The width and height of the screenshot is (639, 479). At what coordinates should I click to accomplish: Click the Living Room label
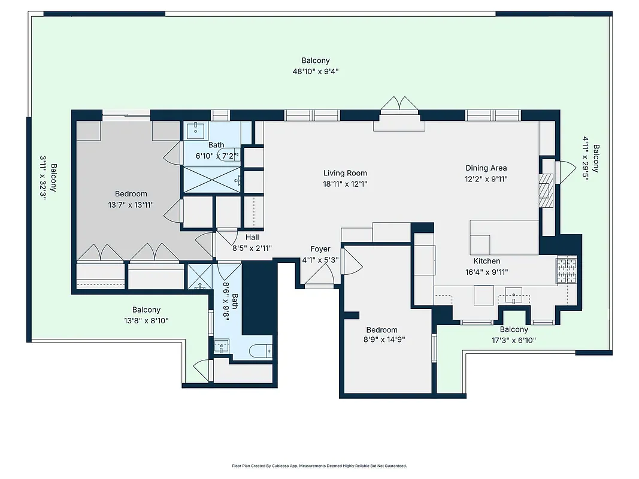pyautogui.click(x=345, y=174)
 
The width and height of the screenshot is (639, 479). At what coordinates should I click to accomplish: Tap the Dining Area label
pyautogui.click(x=486, y=168)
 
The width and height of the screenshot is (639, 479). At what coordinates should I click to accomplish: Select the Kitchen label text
pyautogui.click(x=486, y=261)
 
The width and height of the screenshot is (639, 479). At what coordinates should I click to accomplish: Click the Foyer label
pyautogui.click(x=320, y=249)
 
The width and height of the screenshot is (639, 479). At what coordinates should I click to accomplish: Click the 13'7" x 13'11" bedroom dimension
pyautogui.click(x=131, y=205)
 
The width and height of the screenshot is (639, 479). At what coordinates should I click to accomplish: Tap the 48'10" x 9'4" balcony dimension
pyautogui.click(x=315, y=71)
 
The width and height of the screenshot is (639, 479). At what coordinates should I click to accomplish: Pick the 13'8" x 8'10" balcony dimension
pyautogui.click(x=146, y=320)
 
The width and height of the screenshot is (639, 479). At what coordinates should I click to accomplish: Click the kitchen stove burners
pyautogui.click(x=566, y=271)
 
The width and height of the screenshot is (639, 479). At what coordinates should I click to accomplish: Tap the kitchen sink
pyautogui.click(x=513, y=294)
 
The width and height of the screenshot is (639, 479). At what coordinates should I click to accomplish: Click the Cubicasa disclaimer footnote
pyautogui.click(x=319, y=465)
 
